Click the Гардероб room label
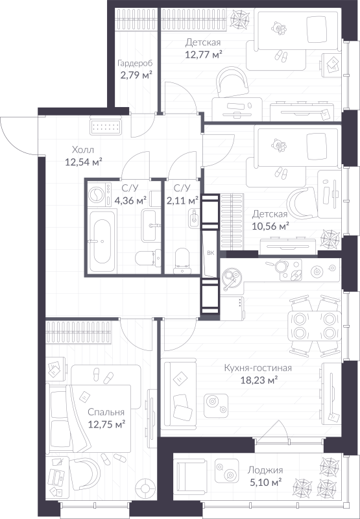(136, 62)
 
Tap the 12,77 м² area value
(204, 54)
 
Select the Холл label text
(83, 150)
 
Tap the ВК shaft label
(211, 253)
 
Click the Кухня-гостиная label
(258, 368)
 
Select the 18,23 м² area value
(259, 380)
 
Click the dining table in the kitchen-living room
(314, 326)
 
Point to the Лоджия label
(266, 470)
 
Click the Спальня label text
(106, 412)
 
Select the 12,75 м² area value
(106, 424)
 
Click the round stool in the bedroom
(144, 487)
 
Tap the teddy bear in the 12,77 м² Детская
(279, 29)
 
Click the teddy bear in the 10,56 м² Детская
(279, 145)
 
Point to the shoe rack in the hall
(106, 127)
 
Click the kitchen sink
(232, 278)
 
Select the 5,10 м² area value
(266, 482)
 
